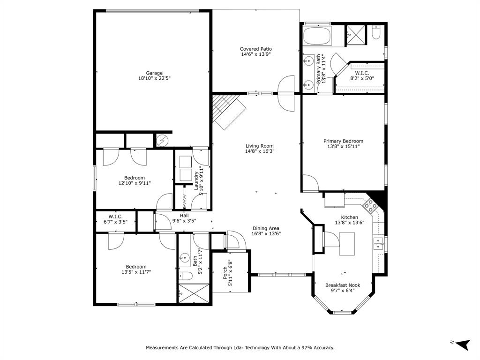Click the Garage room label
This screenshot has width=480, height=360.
pyautogui.click(x=154, y=73)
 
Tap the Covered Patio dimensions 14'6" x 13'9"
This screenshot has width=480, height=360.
pyautogui.click(x=255, y=54)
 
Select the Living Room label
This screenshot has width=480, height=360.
pyautogui.click(x=259, y=146)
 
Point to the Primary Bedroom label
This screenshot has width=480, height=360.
pyautogui.click(x=343, y=141)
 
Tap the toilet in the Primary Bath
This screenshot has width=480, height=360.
pyautogui.click(x=376, y=33)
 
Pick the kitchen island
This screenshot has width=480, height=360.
pyautogui.click(x=347, y=243)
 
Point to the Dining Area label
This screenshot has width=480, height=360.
pyautogui.click(x=266, y=228)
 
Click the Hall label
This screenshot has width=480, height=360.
pyautogui.click(x=184, y=216)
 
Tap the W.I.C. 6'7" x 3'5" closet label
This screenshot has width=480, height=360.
pyautogui.click(x=115, y=217)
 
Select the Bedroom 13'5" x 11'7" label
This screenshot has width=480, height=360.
pyautogui.click(x=136, y=267)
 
